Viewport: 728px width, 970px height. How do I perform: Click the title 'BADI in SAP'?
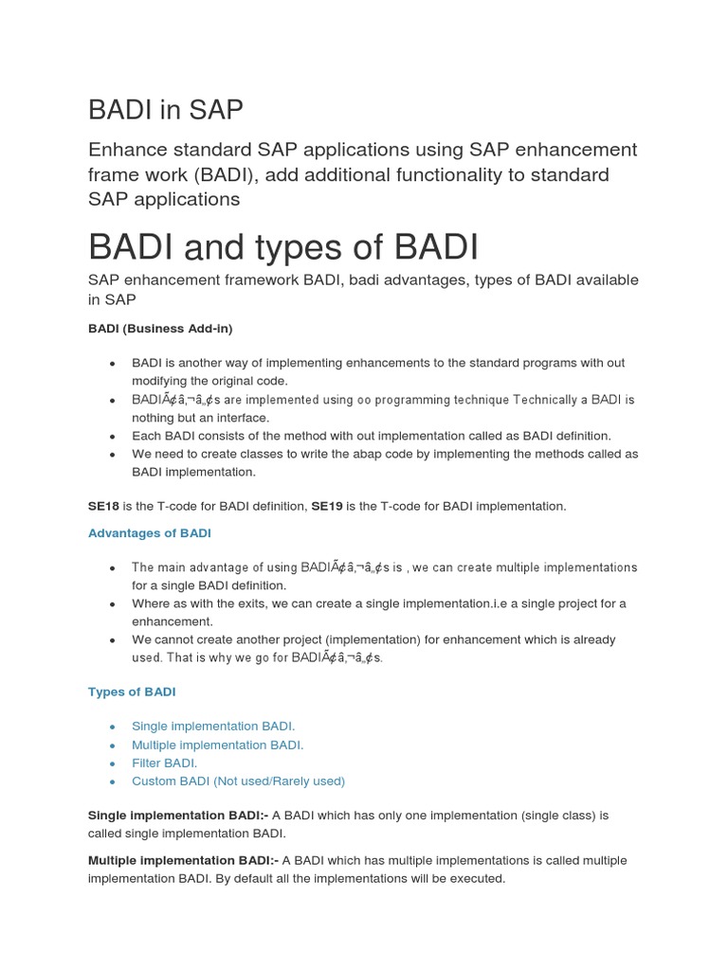(165, 110)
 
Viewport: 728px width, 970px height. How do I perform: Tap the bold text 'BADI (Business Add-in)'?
(159, 328)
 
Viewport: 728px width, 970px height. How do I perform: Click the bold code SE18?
(103, 506)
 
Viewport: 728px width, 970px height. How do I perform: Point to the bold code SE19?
(327, 506)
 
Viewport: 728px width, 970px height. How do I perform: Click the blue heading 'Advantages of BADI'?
(150, 532)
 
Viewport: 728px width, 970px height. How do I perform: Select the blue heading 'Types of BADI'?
(132, 692)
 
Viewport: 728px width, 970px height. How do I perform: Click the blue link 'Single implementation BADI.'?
(213, 727)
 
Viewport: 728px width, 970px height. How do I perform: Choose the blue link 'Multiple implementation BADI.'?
(217, 745)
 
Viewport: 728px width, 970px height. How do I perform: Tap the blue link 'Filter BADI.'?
(164, 763)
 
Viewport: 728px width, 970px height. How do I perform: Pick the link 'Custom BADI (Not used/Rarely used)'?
(238, 781)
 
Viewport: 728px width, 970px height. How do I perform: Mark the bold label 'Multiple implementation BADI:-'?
(183, 860)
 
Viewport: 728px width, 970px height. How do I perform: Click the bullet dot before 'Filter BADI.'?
(112, 763)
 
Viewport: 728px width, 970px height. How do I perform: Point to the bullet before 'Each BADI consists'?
(112, 437)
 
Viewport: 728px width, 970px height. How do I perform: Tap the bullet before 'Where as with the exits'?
(112, 604)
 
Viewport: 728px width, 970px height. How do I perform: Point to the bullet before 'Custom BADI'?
(112, 781)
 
